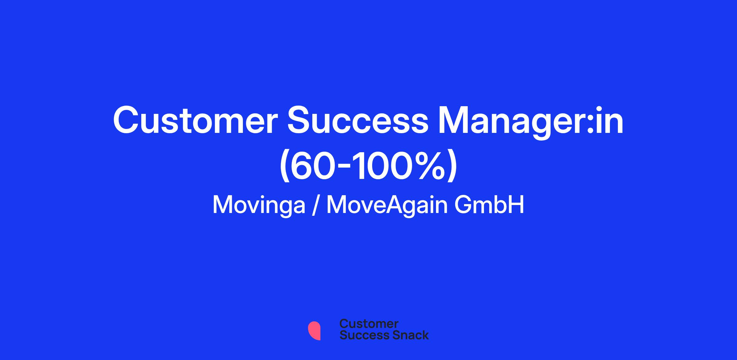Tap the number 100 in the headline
(384, 165)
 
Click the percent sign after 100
(428, 165)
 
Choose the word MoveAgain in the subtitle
(387, 205)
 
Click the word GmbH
(489, 205)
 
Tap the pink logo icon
(314, 331)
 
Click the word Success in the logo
(361, 335)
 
